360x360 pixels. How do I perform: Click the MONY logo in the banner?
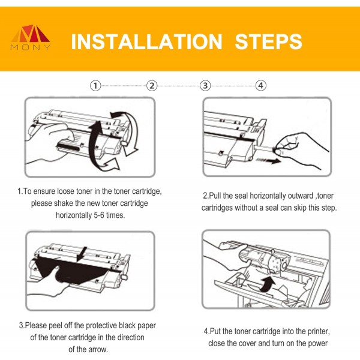31,37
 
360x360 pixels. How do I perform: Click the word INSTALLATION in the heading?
147,42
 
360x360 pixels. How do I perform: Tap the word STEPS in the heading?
268,42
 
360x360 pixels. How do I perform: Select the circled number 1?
95,86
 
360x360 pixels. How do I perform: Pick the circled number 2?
152,86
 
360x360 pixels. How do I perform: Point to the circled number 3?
205,86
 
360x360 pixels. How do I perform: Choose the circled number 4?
261,86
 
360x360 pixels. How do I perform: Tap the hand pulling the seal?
301,149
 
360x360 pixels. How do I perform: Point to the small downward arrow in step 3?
82,254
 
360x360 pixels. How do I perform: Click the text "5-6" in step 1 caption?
99,215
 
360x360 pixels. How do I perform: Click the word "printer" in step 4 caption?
319,331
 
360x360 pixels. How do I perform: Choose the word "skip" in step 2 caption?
299,208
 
